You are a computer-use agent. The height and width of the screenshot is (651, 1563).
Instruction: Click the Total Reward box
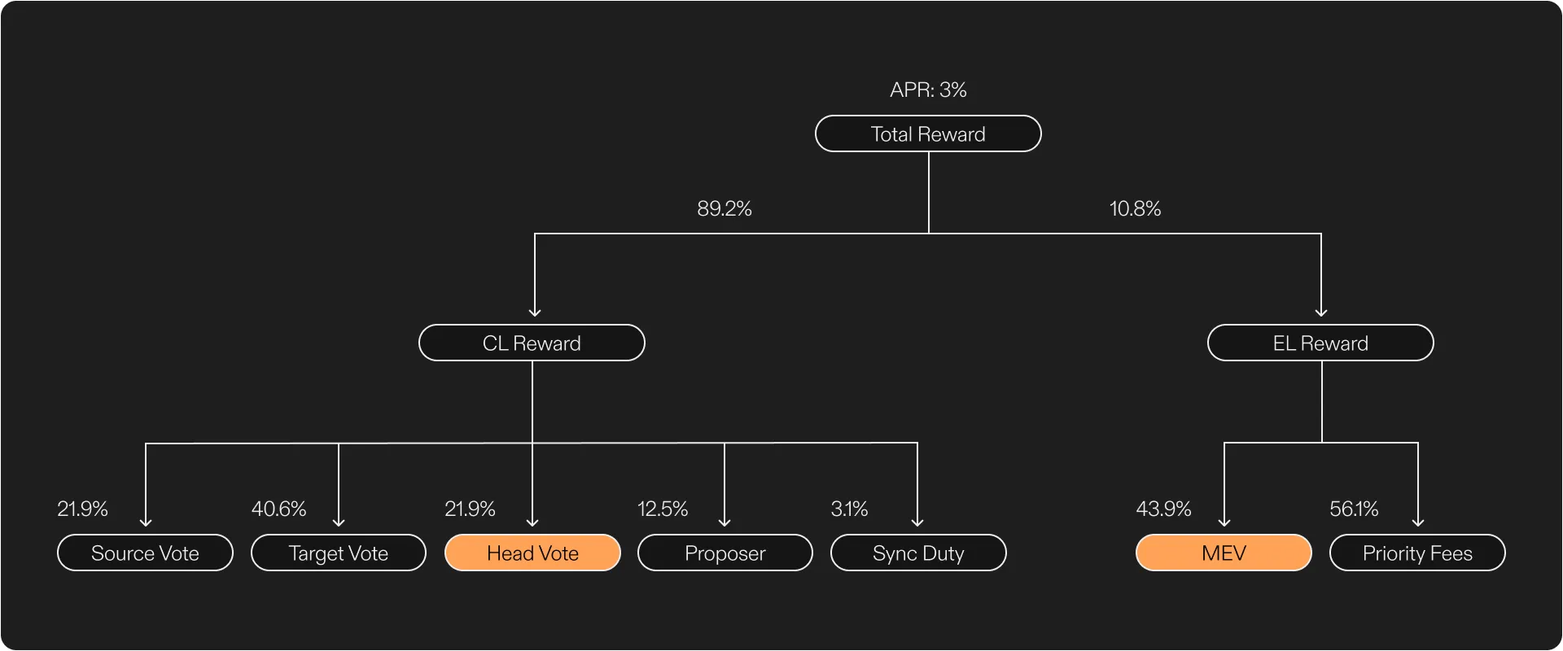pyautogui.click(x=928, y=133)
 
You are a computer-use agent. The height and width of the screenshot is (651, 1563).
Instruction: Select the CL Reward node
pyautogui.click(x=532, y=343)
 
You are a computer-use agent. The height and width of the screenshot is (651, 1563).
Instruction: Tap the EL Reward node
pyautogui.click(x=1320, y=343)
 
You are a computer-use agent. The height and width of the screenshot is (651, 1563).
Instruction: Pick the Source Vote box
pyautogui.click(x=145, y=553)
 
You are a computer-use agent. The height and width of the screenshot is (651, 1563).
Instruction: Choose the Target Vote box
pyautogui.click(x=339, y=553)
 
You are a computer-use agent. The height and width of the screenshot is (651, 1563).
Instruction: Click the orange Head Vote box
pyautogui.click(x=532, y=553)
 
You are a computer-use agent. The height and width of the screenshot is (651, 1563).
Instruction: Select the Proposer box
pyautogui.click(x=725, y=553)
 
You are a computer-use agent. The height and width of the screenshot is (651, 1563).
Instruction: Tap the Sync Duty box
pyautogui.click(x=918, y=553)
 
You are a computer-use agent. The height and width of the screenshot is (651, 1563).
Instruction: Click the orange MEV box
pyautogui.click(x=1224, y=553)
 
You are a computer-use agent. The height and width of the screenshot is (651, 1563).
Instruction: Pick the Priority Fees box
pyautogui.click(x=1417, y=553)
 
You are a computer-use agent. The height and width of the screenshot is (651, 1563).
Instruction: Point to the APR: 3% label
pyautogui.click(x=928, y=90)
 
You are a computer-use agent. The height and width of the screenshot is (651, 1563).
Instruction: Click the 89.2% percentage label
pyautogui.click(x=725, y=208)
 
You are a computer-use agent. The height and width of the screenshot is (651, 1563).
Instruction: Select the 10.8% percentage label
pyautogui.click(x=1135, y=208)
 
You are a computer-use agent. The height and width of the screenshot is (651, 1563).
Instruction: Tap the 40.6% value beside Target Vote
pyautogui.click(x=278, y=509)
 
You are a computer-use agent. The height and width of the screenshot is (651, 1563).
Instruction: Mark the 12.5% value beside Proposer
pyautogui.click(x=663, y=509)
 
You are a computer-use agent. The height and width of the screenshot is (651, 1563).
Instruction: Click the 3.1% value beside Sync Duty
pyautogui.click(x=849, y=509)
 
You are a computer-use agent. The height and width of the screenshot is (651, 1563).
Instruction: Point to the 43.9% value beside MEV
pyautogui.click(x=1163, y=509)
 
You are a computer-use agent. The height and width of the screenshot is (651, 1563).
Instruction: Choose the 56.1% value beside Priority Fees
pyautogui.click(x=1354, y=509)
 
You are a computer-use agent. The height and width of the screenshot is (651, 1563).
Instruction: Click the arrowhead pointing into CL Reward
pyautogui.click(x=535, y=312)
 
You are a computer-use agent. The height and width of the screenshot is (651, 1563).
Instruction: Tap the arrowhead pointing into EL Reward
pyautogui.click(x=1321, y=312)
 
